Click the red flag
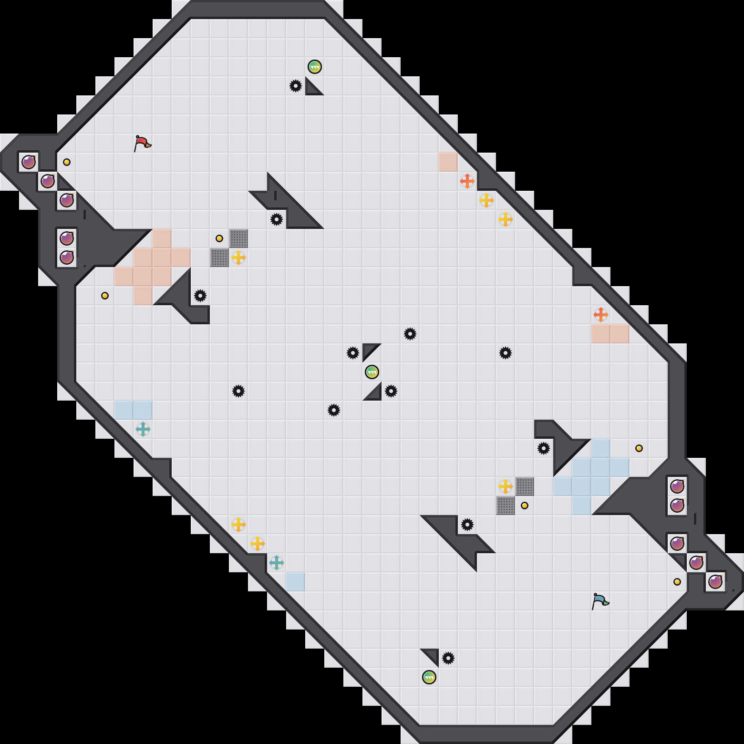[x=142, y=143]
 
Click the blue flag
[x=600, y=600]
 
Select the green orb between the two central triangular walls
[x=372, y=372]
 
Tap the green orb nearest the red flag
[x=315, y=67]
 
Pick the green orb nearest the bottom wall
[x=429, y=677]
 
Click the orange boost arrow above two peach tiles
[x=601, y=315]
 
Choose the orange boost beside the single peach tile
[x=467, y=181]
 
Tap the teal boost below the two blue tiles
[x=143, y=429]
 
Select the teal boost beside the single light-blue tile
[x=277, y=563]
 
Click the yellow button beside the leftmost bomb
[x=67, y=162]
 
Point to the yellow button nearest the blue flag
[x=677, y=582]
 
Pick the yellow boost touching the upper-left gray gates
[x=238, y=258]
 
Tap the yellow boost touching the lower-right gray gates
[x=506, y=486]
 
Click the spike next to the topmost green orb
[x=296, y=86]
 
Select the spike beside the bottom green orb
[x=448, y=658]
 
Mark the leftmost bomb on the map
[x=29, y=162]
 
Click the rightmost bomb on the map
[x=715, y=582]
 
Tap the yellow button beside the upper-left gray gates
[x=219, y=238]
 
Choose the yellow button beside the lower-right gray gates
[x=525, y=506]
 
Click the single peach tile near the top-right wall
[x=448, y=162]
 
